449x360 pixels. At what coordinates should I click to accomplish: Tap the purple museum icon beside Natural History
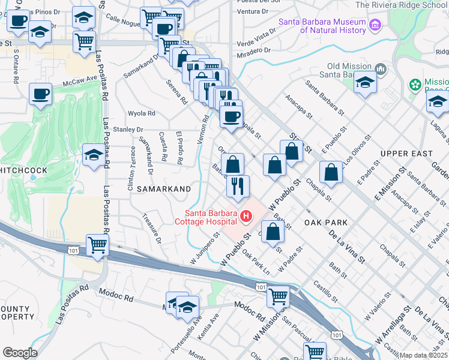[x=375, y=25]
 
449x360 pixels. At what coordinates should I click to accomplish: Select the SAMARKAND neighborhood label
[x=164, y=188]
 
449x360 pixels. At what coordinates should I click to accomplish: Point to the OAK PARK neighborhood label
[x=326, y=222]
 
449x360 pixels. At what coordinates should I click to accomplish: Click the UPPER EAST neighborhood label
[x=406, y=154]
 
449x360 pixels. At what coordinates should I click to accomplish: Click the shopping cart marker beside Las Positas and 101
[x=97, y=245]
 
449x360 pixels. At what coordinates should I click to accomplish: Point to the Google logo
[x=20, y=353]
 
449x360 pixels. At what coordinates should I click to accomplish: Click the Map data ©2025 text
[x=424, y=355]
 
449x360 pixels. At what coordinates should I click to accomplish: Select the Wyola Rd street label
[x=142, y=113]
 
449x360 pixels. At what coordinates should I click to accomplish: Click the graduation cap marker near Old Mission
[x=364, y=82]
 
